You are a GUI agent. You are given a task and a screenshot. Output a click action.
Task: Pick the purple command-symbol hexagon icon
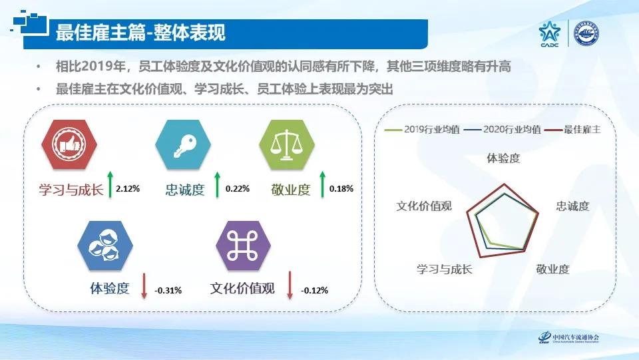point(243,246)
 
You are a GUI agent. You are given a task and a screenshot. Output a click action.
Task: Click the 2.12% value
point(128,189)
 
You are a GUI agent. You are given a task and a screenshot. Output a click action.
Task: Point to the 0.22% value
point(238,189)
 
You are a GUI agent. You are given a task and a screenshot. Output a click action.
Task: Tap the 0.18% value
point(341,189)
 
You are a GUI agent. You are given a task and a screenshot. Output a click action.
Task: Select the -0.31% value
point(168,290)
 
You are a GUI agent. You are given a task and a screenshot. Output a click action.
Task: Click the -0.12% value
point(314,290)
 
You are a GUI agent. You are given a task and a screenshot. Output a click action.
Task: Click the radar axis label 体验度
point(503,158)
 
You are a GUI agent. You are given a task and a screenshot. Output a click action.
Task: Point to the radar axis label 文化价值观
point(424,206)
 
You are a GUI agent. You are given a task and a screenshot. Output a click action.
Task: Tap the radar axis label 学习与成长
point(444,270)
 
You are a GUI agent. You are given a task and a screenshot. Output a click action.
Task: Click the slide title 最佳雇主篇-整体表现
point(140,32)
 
